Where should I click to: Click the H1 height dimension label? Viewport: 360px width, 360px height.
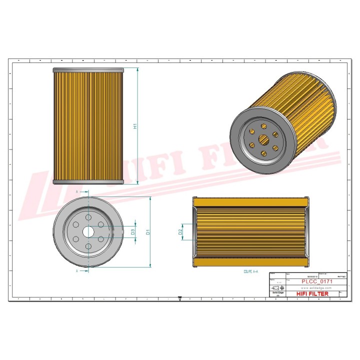point(135,126)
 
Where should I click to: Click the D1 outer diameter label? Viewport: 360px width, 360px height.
point(148,232)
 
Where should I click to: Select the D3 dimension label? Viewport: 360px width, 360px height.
point(133,232)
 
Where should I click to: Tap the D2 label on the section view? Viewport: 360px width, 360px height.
point(180,232)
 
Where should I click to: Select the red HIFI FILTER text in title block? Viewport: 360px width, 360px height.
point(313,294)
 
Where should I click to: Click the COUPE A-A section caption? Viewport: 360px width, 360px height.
point(250,271)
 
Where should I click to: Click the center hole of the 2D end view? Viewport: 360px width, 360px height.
point(88,232)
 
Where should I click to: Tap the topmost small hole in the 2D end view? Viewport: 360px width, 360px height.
point(88,217)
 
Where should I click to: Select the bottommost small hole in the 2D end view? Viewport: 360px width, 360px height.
point(88,246)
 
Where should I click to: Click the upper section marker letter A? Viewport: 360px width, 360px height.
point(77,191)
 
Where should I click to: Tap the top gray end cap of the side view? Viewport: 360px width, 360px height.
point(87,70)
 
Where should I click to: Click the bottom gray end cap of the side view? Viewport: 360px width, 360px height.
point(87,182)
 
